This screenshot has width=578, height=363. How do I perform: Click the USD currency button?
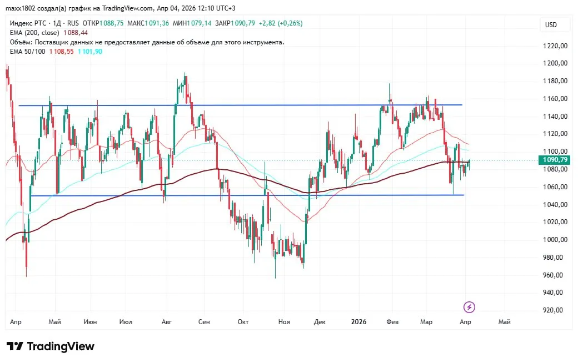551,25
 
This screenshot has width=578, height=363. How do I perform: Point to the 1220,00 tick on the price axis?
555,46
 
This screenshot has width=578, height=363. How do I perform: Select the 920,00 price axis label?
555,310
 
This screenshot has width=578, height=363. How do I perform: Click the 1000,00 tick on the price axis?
555,240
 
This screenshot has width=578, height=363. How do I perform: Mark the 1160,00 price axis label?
555,99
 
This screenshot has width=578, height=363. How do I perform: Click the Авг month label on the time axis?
167,321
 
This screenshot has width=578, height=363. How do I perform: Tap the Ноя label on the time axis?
284,321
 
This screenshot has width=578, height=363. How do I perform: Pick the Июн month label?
90,321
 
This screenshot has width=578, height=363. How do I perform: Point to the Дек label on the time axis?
319,321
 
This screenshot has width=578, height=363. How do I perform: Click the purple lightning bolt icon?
470,307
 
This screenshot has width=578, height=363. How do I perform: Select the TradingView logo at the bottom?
51,346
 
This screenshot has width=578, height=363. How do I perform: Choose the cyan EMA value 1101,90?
90,51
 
